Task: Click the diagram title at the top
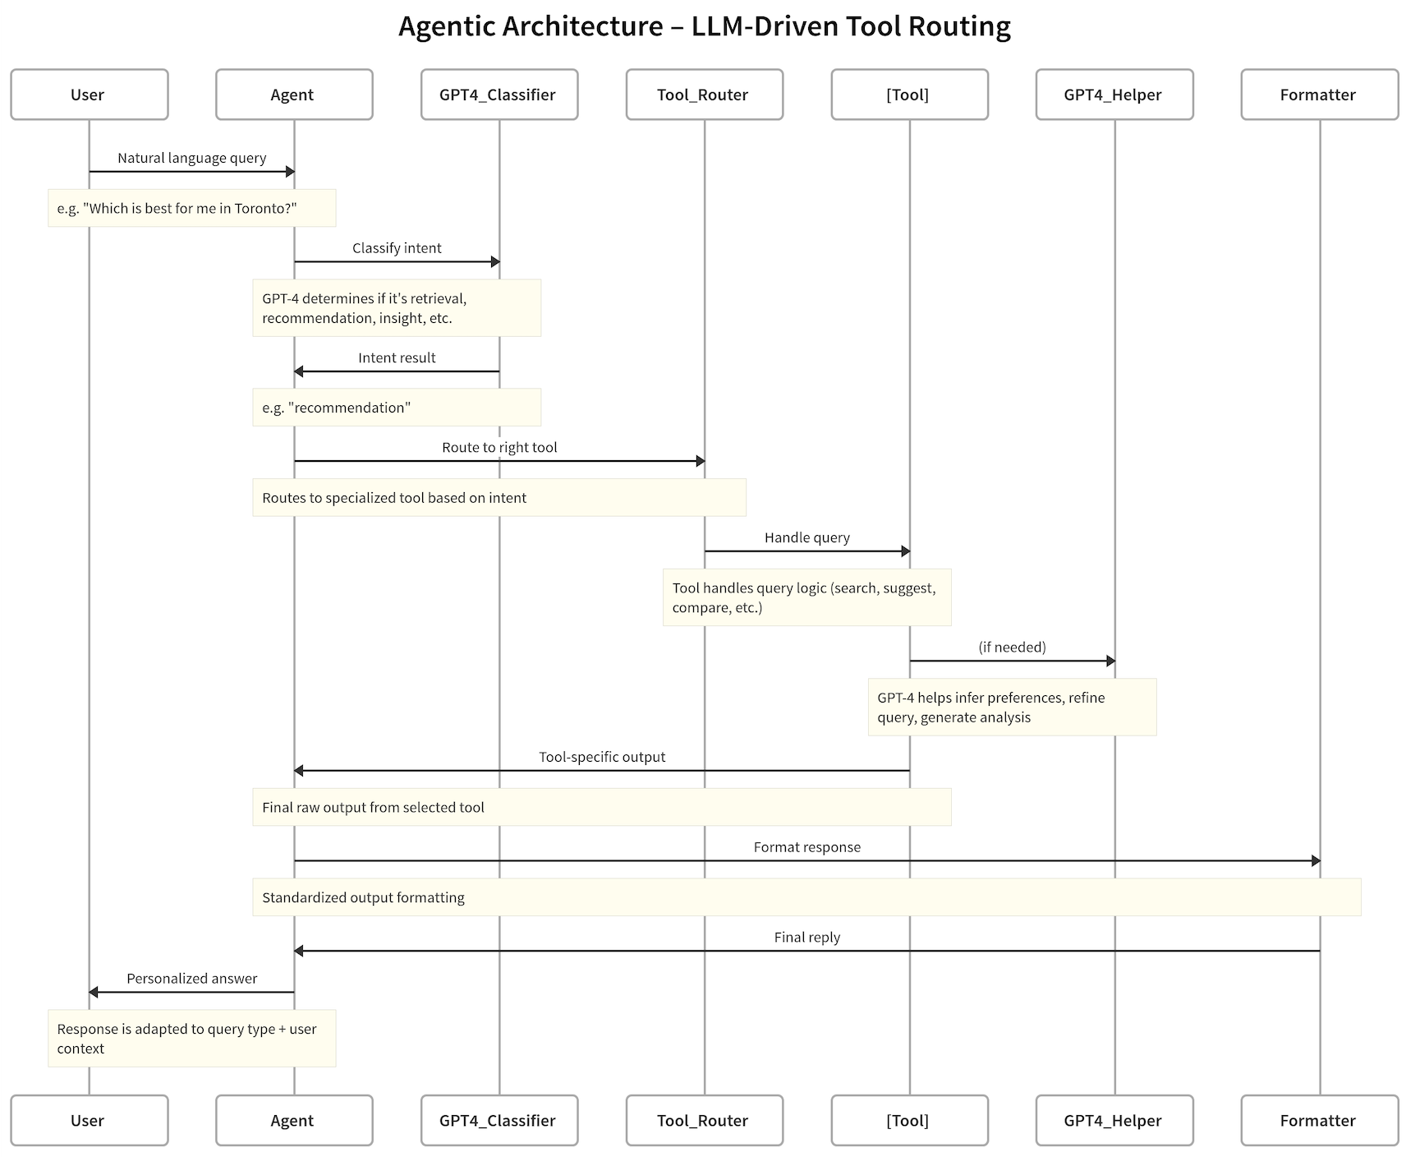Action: pyautogui.click(x=704, y=26)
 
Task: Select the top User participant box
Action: pyautogui.click(x=89, y=94)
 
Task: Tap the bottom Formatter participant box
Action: pyautogui.click(x=1319, y=1120)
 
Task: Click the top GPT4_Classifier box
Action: pyautogui.click(x=499, y=94)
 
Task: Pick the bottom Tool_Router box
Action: pyautogui.click(x=704, y=1120)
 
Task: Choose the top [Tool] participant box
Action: pyautogui.click(x=909, y=94)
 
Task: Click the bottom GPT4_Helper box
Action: pyautogui.click(x=1114, y=1120)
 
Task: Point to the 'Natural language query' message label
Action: pyautogui.click(x=191, y=158)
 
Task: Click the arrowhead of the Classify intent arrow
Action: pyautogui.click(x=495, y=262)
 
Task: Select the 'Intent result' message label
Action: pyautogui.click(x=397, y=357)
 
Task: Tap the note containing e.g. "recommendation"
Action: pyautogui.click(x=396, y=408)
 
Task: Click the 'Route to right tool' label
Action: pyautogui.click(x=499, y=447)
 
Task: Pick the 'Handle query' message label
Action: pyautogui.click(x=806, y=537)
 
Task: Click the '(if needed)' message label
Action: pyautogui.click(x=1012, y=647)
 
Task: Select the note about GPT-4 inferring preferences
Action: pyautogui.click(x=1012, y=707)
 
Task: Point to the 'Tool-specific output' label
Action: pyautogui.click(x=602, y=757)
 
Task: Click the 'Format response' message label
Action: pyautogui.click(x=806, y=847)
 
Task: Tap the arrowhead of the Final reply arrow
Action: pyautogui.click(x=299, y=951)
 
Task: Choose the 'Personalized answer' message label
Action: pyautogui.click(x=191, y=978)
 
